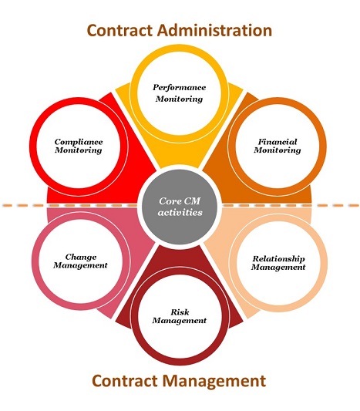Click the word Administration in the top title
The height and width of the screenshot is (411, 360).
(x=214, y=30)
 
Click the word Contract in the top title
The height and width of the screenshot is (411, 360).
(x=119, y=30)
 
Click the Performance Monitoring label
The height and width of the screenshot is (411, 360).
(x=180, y=93)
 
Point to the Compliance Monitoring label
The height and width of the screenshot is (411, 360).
(x=79, y=146)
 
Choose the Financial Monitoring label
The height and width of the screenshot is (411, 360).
(x=278, y=146)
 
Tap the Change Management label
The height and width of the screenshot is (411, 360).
(x=80, y=261)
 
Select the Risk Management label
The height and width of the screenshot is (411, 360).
(x=180, y=316)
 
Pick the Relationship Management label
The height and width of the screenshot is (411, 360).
(x=278, y=263)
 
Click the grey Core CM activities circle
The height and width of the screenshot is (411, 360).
(x=180, y=207)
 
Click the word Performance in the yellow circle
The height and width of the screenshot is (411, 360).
(x=180, y=88)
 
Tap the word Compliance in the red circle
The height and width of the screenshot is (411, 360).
(x=79, y=142)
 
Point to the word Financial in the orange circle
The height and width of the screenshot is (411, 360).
(x=278, y=142)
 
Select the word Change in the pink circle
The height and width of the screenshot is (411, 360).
(x=81, y=257)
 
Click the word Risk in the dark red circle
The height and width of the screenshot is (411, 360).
(x=180, y=312)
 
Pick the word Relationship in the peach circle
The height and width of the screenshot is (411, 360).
(x=278, y=259)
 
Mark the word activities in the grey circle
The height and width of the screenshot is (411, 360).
(x=180, y=212)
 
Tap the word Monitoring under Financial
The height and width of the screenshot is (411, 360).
(x=278, y=150)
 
